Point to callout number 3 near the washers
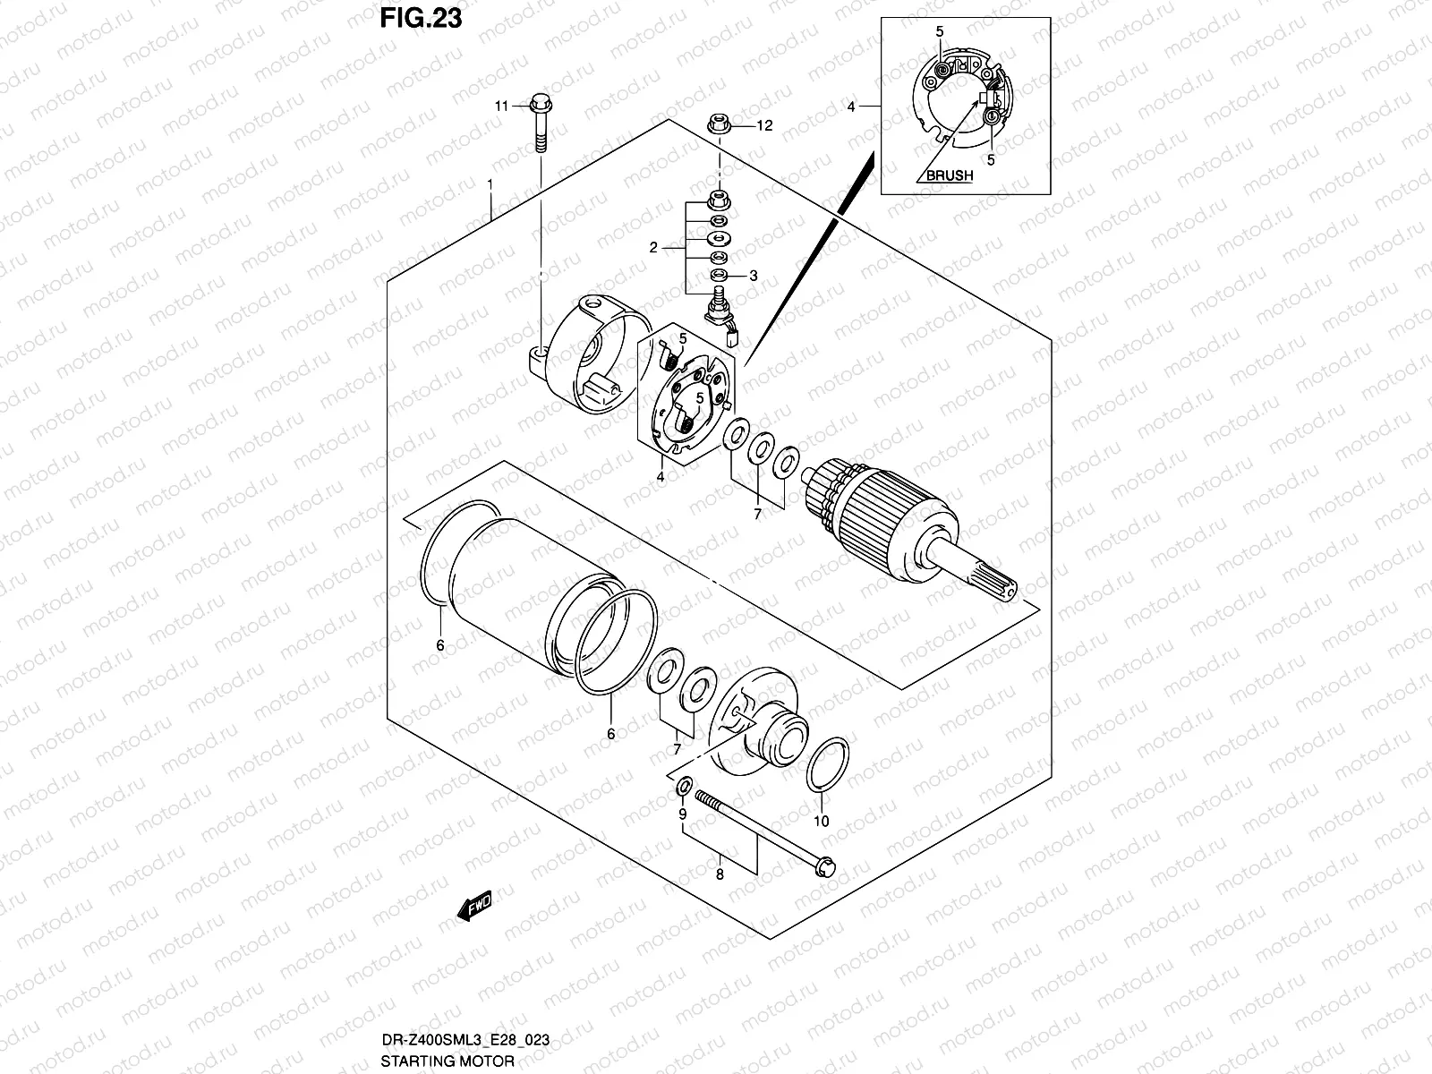754,276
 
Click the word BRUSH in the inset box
949,175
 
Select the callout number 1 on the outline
490,183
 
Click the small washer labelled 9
682,788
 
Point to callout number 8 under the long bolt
720,875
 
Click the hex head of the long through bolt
826,865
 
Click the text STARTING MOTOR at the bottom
447,1061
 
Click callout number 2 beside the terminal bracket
653,248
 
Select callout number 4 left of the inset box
851,107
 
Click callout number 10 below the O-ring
822,821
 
